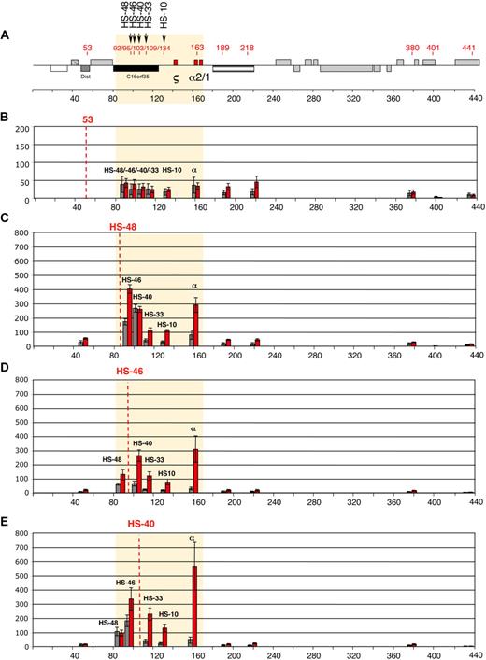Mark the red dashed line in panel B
pyautogui.click(x=87, y=163)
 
